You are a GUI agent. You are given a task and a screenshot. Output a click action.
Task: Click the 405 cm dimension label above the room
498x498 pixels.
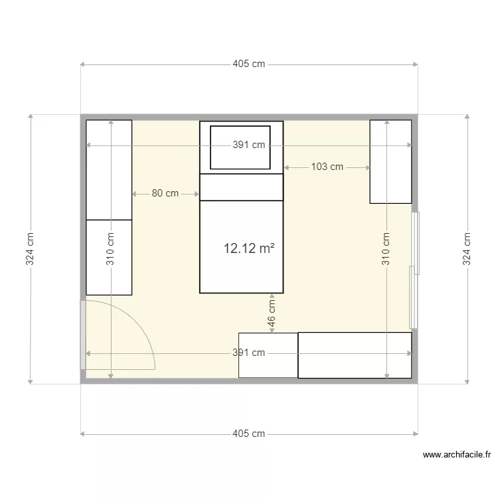pyautogui.click(x=249, y=64)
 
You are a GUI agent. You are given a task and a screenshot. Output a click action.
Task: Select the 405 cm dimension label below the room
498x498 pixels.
pyautogui.click(x=249, y=434)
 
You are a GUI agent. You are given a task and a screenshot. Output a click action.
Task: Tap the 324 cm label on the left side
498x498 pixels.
pyautogui.click(x=30, y=249)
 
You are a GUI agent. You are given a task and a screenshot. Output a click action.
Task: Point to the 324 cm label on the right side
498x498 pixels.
pyautogui.click(x=467, y=249)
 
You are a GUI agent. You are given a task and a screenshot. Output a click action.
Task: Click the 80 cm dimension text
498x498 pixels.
pyautogui.click(x=165, y=194)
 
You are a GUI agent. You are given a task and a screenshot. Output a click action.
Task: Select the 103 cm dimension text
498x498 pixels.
pyautogui.click(x=327, y=167)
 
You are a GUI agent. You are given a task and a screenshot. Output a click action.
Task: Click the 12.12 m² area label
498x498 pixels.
pyautogui.click(x=249, y=249)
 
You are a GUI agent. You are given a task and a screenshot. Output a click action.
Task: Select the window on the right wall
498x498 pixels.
pyautogui.click(x=414, y=270)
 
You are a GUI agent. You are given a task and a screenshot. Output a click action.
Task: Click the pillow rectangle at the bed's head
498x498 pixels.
pyautogui.click(x=240, y=147)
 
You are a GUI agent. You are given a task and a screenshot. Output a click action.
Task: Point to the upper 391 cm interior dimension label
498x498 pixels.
pyautogui.click(x=249, y=145)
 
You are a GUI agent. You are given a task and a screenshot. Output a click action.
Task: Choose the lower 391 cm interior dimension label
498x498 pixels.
pyautogui.click(x=249, y=353)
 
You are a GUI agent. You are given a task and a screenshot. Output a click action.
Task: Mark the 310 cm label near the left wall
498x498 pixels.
pyautogui.click(x=110, y=249)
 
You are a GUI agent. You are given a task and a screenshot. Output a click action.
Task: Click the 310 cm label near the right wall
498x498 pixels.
pyautogui.click(x=386, y=249)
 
